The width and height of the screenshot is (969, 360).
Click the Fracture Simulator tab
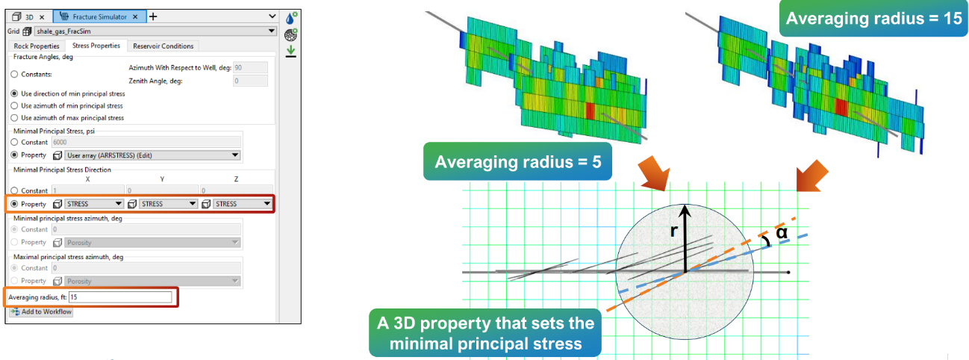tap(100, 17)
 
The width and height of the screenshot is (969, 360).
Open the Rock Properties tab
tap(37, 46)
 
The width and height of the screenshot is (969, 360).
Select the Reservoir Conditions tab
tap(163, 46)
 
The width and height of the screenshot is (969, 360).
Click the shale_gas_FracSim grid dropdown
tap(155, 31)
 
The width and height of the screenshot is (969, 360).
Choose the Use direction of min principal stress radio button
tap(15, 93)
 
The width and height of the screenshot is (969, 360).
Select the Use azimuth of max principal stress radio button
tap(15, 118)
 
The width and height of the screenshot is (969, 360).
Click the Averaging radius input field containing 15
tap(120, 297)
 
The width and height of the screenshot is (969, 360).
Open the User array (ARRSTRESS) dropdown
tap(152, 155)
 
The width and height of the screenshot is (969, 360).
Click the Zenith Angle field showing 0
tap(250, 81)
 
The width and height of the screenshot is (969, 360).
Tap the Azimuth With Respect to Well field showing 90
tap(250, 67)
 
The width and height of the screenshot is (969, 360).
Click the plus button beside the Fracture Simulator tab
tap(153, 17)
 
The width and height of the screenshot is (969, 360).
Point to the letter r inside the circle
tap(673, 231)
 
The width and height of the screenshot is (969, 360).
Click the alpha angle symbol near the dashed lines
tap(782, 233)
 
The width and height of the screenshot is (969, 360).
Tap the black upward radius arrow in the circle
tap(685, 238)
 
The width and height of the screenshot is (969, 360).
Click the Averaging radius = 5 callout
tap(518, 161)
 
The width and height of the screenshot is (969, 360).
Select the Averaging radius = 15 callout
tap(874, 18)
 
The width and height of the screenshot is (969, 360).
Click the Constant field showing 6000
tap(146, 143)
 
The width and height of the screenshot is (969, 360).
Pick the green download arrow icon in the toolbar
tap(290, 51)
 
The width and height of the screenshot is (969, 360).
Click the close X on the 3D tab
tap(42, 17)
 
